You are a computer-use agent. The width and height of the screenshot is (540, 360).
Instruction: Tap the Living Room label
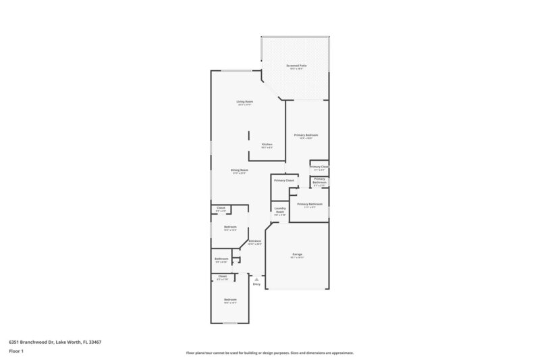tap(244, 102)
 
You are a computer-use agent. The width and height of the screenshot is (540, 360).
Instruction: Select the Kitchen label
tap(267, 145)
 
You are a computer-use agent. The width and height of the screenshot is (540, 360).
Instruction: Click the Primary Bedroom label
tap(306, 135)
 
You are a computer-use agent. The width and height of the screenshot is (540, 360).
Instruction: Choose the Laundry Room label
tap(280, 211)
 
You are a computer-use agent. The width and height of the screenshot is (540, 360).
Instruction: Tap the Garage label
tap(297, 255)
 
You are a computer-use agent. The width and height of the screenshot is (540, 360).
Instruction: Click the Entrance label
tap(254, 241)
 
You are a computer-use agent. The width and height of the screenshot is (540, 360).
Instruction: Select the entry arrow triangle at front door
tap(256, 278)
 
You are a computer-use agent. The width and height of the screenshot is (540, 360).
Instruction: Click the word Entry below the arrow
tap(256, 284)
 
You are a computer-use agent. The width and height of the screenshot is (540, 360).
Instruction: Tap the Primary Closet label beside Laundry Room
tap(283, 180)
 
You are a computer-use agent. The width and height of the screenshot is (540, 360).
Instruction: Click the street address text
tap(55, 342)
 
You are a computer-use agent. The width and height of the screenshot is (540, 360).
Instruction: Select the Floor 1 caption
tap(17, 351)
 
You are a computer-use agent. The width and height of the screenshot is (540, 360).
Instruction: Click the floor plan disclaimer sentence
tap(269, 353)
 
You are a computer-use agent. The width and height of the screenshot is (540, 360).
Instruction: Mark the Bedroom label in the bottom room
tap(230, 299)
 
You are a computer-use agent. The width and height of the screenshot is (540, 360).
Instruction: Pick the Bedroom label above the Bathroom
tap(230, 226)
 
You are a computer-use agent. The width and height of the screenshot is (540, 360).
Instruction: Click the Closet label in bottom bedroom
tap(222, 276)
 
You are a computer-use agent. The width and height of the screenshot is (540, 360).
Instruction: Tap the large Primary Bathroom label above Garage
tap(309, 203)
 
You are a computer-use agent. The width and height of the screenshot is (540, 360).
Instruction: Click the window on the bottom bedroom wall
tap(231, 323)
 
